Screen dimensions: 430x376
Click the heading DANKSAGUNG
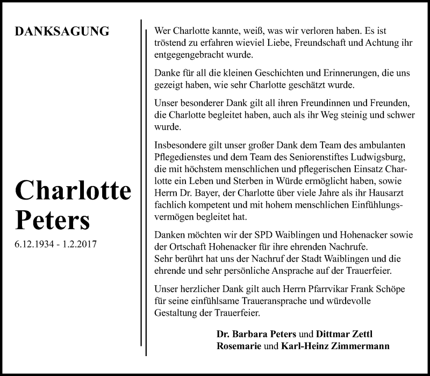63,31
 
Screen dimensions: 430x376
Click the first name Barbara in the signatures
249,334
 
